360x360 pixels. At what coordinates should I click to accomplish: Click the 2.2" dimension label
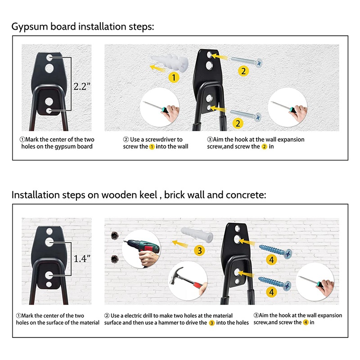coord(82,86)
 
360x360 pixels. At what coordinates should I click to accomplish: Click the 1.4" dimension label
coord(82,259)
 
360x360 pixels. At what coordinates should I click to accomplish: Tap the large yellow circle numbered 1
coord(174,77)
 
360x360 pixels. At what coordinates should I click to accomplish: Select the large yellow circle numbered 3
coord(199,250)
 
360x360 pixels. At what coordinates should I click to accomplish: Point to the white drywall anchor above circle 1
coord(170,62)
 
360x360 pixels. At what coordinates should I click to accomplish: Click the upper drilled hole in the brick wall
coord(115,235)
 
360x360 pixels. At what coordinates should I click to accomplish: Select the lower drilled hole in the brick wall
coord(115,259)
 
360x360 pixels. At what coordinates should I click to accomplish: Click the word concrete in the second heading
coord(246,195)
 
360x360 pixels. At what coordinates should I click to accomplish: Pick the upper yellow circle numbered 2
coord(243,71)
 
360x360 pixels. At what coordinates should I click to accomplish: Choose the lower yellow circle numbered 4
coord(271,292)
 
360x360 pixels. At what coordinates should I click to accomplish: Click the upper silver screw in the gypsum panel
coord(247,61)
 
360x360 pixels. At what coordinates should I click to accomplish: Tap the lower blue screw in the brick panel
coord(275,283)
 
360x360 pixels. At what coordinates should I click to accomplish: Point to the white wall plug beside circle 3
coord(197,234)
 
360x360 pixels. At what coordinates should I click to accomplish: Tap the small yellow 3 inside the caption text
coord(211,323)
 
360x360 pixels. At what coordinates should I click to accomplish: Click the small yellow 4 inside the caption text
coord(306,322)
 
